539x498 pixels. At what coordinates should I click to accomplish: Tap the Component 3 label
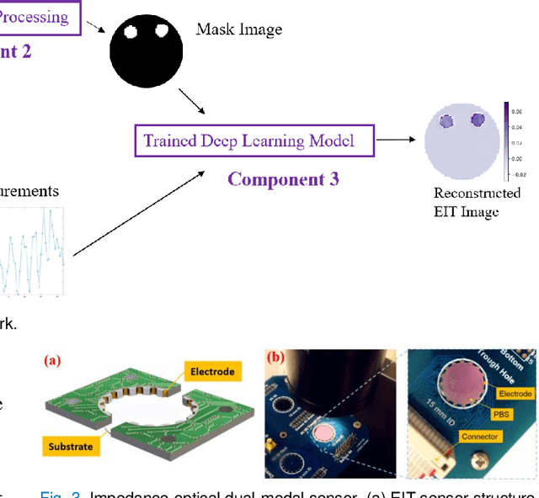(x=283, y=179)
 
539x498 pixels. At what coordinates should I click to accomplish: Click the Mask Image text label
(x=239, y=29)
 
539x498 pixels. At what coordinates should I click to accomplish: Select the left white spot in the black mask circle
(x=131, y=33)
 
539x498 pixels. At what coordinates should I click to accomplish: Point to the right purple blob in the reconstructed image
(x=478, y=120)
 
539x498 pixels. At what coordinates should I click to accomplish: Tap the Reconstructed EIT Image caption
(x=466, y=202)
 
